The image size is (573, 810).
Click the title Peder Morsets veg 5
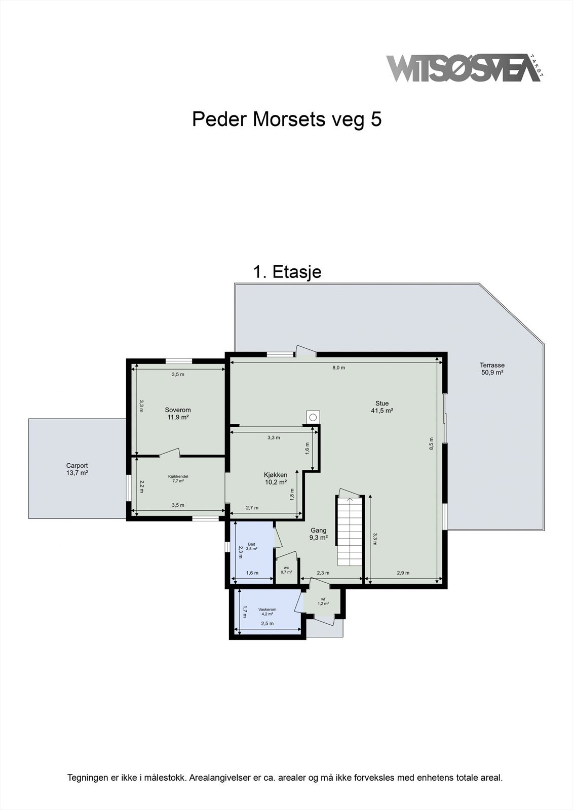coord(286,119)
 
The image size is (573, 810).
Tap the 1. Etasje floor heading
coord(287,272)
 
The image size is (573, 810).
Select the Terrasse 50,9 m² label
coord(492,369)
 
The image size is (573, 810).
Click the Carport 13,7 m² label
coord(77,469)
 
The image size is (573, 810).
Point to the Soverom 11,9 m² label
coord(178,414)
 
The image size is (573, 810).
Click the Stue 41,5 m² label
coord(382,407)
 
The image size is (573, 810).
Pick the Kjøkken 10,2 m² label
coord(276,478)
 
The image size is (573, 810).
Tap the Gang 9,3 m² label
coord(319,534)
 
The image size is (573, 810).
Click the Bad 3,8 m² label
coord(251,546)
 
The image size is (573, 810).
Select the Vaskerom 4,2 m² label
coord(267,612)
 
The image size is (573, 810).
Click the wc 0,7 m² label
coord(286,570)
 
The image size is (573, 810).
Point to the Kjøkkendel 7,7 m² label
coord(178,478)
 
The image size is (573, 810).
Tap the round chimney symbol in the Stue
coord(313,417)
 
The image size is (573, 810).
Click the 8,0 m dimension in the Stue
coord(338,368)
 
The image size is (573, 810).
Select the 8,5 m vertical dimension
coord(431,443)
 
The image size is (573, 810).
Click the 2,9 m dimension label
coord(403,573)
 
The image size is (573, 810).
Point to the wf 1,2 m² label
coord(323,601)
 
